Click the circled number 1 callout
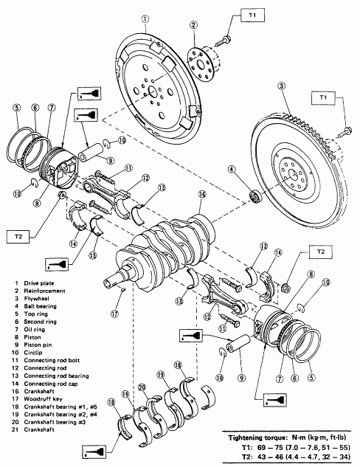[145, 19]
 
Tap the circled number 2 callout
[193, 25]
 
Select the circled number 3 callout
[281, 86]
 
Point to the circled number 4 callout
[232, 170]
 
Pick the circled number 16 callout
[202, 195]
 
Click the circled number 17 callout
[115, 314]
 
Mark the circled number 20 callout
[142, 387]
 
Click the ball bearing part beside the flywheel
[255, 196]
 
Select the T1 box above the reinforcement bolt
[252, 15]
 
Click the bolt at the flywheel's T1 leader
[345, 133]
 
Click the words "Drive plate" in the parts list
[39, 283]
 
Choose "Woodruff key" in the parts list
[44, 399]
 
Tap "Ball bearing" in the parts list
[40, 306]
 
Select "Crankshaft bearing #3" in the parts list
[55, 422]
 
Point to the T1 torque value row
[296, 447]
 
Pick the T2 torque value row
[296, 457]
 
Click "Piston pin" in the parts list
[38, 345]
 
